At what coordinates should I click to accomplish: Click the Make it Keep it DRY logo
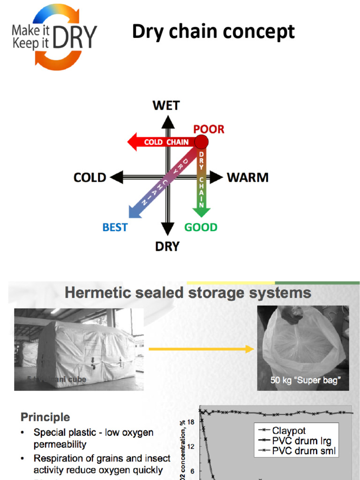point(54,37)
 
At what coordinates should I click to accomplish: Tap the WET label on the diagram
point(166,105)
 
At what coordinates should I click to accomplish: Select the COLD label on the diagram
point(90,178)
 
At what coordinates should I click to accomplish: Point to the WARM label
point(247,178)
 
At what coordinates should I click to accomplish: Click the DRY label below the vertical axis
point(167,247)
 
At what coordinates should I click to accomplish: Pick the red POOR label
point(209,129)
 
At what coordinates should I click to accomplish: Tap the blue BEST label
point(115,227)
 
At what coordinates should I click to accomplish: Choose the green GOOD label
point(201,227)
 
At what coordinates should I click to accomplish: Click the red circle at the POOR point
point(201,142)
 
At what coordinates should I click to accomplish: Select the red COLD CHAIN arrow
point(159,142)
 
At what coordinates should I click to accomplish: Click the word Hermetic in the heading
point(94,293)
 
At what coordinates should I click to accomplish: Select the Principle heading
point(45,417)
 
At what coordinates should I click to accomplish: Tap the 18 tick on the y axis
point(191,422)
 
